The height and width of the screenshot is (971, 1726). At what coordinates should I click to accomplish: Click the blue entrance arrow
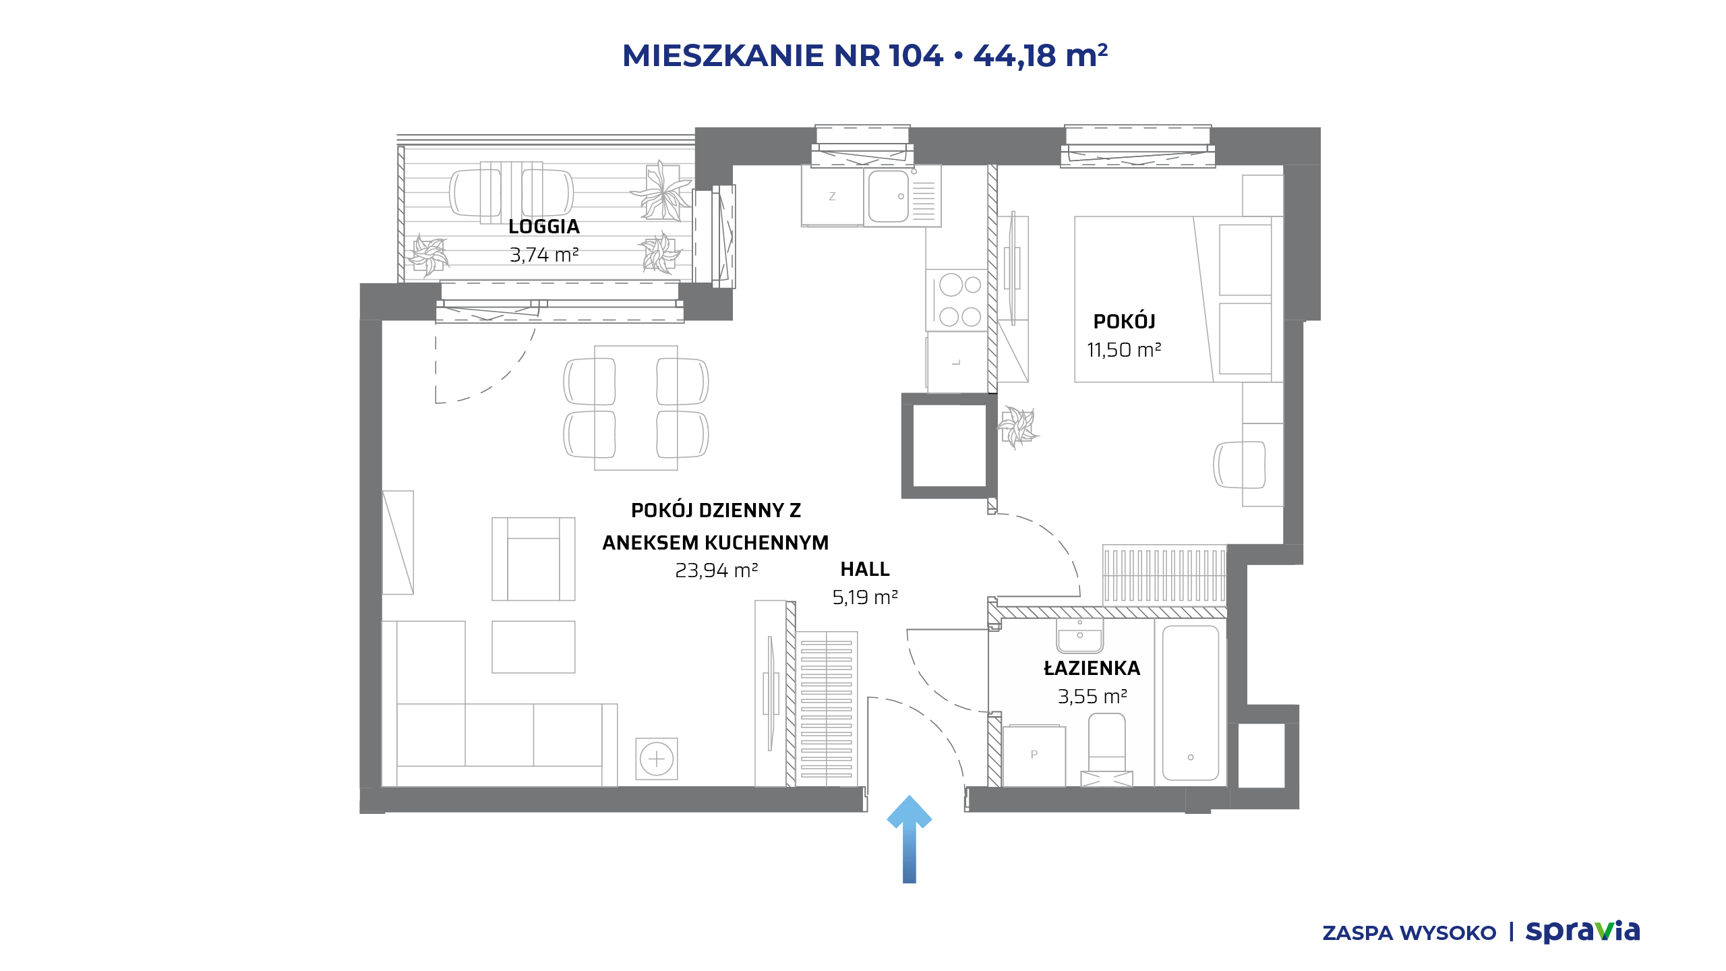[x=909, y=839]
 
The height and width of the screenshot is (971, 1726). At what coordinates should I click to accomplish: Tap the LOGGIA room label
[x=544, y=227]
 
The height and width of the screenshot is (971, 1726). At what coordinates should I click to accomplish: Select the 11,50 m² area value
[x=1124, y=350]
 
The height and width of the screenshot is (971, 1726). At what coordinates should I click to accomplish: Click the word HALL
[x=865, y=569]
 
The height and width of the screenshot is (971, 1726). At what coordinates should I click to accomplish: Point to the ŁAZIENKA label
[x=1092, y=668]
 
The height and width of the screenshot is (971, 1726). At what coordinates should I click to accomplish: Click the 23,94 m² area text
[x=717, y=570]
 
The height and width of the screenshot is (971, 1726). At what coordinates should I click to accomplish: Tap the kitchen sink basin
[x=889, y=196]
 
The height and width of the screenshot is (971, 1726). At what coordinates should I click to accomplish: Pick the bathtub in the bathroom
[x=1191, y=703]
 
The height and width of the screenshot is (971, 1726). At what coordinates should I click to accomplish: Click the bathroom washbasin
[x=1079, y=636]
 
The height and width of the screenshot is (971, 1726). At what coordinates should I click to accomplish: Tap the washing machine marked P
[x=1034, y=755]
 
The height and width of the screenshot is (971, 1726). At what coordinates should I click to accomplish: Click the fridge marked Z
[x=832, y=196]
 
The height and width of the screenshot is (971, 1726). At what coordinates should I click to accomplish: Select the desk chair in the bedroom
[x=1239, y=465]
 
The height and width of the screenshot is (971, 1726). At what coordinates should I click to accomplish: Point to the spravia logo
[x=1582, y=932]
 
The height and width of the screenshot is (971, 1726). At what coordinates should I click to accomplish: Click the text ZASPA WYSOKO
[x=1409, y=933]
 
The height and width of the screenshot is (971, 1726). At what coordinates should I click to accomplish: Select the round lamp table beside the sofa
[x=657, y=759]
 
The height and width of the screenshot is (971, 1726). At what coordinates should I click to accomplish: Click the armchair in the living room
[x=533, y=559]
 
